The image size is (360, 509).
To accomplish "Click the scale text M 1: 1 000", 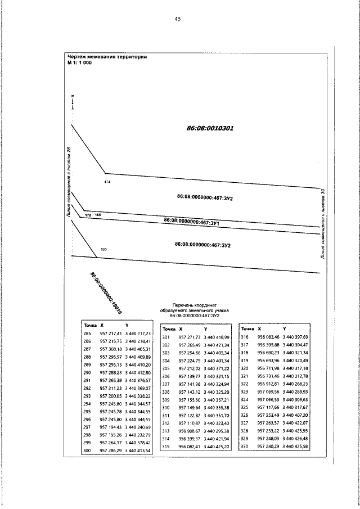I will pyautogui.click(x=79, y=62).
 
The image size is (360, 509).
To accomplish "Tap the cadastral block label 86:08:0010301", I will pyautogui.click(x=210, y=128).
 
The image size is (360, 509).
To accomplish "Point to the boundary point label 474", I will pyautogui.click(x=107, y=182).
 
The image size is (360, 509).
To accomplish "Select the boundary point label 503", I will pyautogui.click(x=103, y=249).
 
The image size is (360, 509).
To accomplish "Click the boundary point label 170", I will pyautogui.click(x=87, y=215).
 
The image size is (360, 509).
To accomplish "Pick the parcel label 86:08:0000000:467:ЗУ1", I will pyautogui.click(x=191, y=222).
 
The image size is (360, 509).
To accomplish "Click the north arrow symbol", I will pyautogui.click(x=73, y=102).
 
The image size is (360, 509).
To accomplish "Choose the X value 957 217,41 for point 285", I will pyautogui.click(x=110, y=334).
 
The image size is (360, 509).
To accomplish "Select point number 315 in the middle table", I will pyautogui.click(x=166, y=447).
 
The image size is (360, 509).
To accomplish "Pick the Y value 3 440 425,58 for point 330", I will pyautogui.click(x=296, y=447).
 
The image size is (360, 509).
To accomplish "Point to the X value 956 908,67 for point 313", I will pyautogui.click(x=189, y=431).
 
